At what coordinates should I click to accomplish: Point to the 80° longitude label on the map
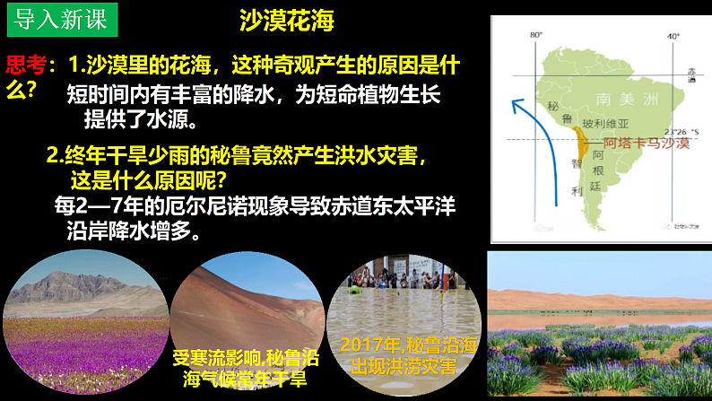536,36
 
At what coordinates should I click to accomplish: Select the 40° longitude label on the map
673,36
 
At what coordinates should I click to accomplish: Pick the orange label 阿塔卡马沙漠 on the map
645,143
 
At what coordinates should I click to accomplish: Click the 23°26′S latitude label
678,131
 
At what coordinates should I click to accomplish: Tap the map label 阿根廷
598,166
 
